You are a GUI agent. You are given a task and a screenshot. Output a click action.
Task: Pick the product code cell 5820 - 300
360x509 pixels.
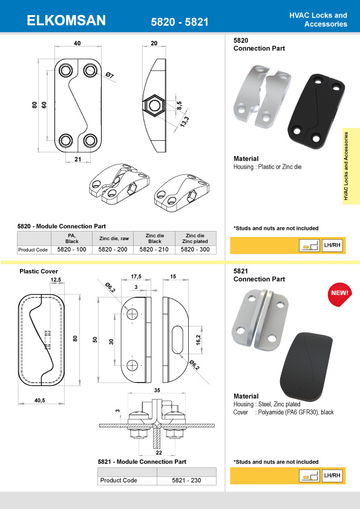196,248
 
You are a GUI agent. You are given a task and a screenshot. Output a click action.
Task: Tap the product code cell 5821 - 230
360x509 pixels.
187,481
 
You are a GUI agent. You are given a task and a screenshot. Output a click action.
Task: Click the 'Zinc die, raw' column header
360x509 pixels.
113,238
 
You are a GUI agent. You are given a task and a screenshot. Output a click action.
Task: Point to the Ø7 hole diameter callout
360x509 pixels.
110,75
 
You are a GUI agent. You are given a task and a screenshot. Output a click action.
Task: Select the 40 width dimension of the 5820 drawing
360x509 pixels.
77,44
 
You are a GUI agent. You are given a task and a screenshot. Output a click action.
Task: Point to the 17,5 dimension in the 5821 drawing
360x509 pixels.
136,277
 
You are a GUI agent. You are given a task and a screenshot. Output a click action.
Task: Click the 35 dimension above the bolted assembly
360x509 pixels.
158,391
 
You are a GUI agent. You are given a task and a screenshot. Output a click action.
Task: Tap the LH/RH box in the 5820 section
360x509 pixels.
332,245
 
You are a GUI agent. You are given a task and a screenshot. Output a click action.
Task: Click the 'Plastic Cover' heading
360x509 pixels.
39,271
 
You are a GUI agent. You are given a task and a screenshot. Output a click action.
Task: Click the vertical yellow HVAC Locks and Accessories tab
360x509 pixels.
347,166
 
